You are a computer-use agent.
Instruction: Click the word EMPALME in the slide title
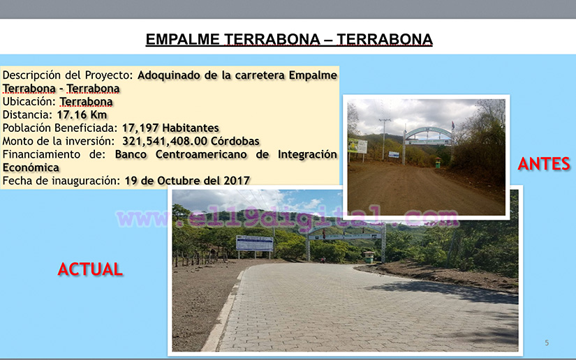coord(182,39)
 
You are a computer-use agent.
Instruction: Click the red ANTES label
coord(544,164)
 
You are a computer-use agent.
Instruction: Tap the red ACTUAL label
coord(90,269)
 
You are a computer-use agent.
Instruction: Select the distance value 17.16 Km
coord(82,115)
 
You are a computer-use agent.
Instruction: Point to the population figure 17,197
coord(140,128)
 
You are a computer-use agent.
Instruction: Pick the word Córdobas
coord(235,141)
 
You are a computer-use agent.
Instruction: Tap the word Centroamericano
coord(201,154)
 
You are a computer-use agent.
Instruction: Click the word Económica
coord(31,167)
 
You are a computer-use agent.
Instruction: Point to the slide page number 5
coord(547,343)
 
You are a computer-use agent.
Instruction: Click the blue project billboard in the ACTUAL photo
coord(255,243)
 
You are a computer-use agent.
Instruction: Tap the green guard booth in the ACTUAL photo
coord(369,257)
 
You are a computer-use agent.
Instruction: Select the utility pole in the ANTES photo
coord(384,139)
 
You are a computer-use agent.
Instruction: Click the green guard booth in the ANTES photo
coord(438,163)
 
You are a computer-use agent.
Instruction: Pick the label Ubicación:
coord(29,102)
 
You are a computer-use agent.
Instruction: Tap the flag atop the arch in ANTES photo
coord(453,126)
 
